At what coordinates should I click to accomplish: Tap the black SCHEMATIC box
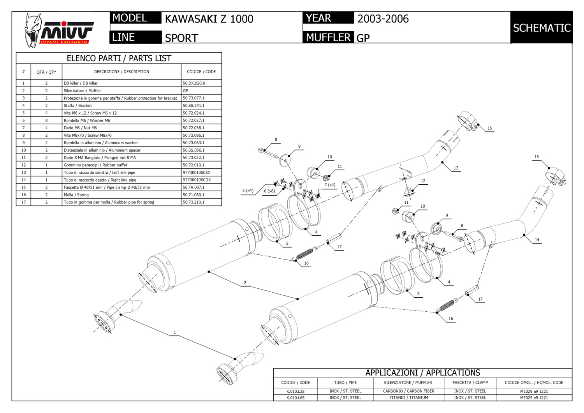coord(541,28)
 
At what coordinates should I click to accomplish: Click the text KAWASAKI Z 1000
coord(209,19)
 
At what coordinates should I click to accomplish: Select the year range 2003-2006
coord(383,19)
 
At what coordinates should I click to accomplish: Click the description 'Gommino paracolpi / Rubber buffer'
coord(95,165)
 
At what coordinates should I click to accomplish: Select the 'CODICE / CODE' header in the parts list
coord(201,72)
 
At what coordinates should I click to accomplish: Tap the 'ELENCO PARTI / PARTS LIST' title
coord(119,58)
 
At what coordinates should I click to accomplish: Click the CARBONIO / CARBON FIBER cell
coord(408,391)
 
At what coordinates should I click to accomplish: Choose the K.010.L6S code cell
coord(296,398)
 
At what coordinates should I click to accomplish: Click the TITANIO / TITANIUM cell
coord(408,398)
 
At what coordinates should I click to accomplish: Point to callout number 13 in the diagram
coord(456,168)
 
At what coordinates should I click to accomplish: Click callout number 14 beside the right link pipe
coord(537,240)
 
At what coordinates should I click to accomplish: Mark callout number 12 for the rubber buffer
coord(423,181)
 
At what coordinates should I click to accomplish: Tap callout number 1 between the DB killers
coord(175,332)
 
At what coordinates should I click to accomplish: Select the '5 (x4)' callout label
coord(248,191)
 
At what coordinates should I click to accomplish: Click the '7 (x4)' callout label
coord(330,185)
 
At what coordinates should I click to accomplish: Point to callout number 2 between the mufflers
coord(245,282)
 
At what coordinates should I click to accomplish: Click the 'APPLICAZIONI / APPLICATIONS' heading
coord(422,373)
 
